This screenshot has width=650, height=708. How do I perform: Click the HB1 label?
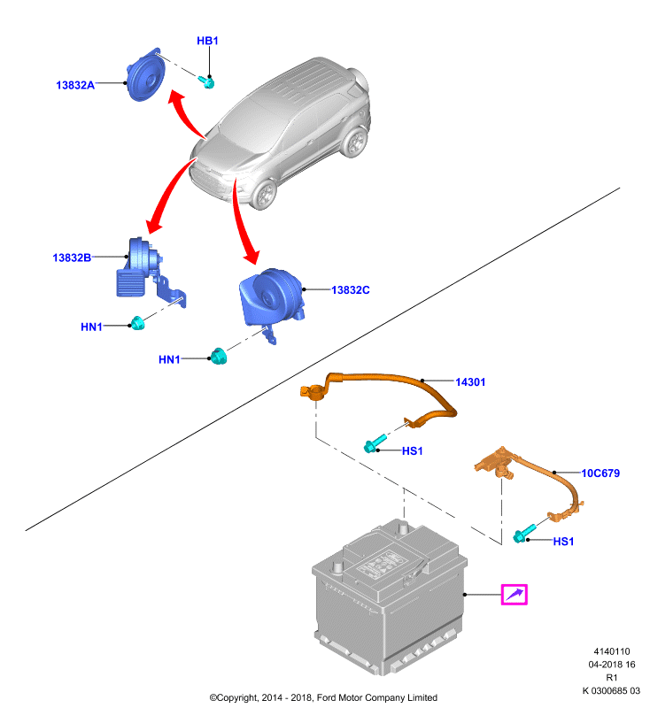[207, 41]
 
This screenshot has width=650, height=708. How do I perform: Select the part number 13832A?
[75, 85]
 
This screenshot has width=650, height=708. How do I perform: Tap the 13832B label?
[72, 258]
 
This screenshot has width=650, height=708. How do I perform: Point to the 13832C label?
[351, 290]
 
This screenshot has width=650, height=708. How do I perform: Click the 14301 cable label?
[470, 382]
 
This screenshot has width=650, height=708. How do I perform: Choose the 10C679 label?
[600, 473]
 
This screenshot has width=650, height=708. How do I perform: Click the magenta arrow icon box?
[514, 594]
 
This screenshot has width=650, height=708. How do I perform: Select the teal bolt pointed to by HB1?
[206, 81]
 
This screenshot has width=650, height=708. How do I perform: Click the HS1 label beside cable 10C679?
[563, 542]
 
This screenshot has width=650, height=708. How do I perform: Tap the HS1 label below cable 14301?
[413, 450]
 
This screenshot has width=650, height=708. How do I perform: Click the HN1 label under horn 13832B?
[91, 327]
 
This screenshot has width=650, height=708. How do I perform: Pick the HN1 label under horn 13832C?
[169, 359]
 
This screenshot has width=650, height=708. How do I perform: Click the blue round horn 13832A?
[145, 74]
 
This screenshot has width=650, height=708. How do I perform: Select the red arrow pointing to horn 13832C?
[242, 221]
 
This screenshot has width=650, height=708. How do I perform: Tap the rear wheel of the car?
[354, 142]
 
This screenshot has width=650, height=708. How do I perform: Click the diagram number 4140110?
[612, 651]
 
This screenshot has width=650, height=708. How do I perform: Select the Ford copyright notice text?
[323, 697]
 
